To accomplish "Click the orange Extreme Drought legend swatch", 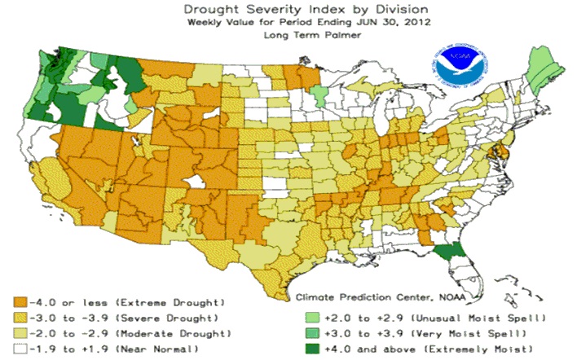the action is tap(20, 303).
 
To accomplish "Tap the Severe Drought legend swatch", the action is tap(20, 318).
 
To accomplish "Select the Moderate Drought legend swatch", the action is tap(20, 333).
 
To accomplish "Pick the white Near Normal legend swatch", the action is tap(20, 349).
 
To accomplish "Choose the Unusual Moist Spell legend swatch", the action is tap(312, 318).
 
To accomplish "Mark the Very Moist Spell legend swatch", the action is tap(312, 333).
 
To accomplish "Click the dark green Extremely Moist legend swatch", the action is tap(312, 349).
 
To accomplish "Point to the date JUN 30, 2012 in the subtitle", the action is tap(393, 22).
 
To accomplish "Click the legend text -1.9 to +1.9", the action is tap(68, 349).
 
